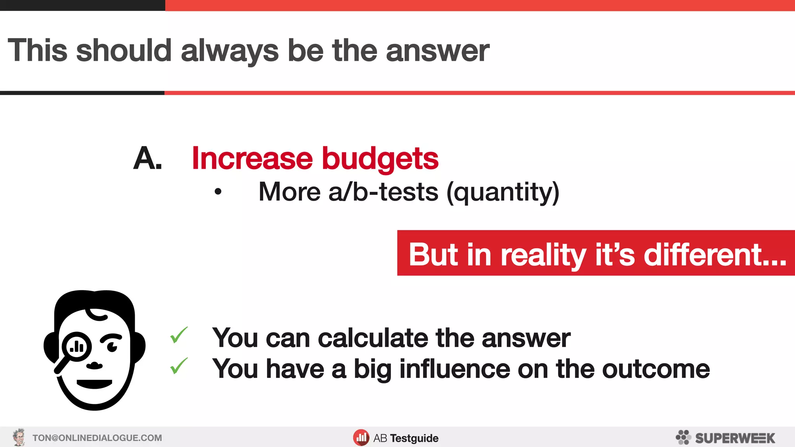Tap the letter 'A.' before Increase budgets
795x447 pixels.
147,158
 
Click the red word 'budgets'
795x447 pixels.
380,159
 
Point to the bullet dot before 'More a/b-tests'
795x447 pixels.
218,191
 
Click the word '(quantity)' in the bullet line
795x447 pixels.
503,192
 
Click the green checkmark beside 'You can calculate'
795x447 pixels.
179,335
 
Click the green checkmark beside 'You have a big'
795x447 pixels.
179,366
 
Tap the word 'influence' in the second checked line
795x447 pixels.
455,369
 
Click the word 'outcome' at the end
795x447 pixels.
656,369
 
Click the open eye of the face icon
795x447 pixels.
112,346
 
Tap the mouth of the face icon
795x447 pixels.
94,383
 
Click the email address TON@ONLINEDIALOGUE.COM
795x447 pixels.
97,438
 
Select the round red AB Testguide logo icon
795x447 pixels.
361,438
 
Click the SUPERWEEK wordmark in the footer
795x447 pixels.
735,438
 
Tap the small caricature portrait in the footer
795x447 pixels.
19,437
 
